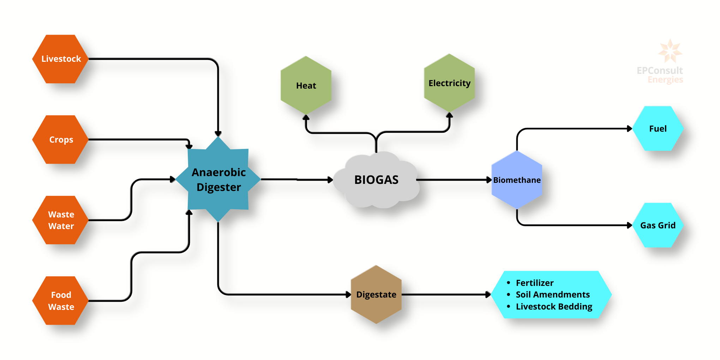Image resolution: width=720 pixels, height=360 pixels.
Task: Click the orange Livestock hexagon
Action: coord(61,59)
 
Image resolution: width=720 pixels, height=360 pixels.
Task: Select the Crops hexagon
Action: coord(61,139)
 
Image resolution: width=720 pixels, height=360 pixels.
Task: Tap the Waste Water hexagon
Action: coord(61,220)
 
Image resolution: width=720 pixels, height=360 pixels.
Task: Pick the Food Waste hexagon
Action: coord(61,301)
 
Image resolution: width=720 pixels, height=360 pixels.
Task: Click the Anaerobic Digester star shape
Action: coord(218,179)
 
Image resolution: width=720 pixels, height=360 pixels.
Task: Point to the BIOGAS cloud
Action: coord(376,180)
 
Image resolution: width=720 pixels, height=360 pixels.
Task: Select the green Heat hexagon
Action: coord(306,85)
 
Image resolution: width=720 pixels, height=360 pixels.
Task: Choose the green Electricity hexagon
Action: coord(449,83)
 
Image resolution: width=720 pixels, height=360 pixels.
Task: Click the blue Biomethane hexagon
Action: coord(517,180)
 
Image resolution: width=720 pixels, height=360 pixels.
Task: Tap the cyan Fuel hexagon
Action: coord(658,128)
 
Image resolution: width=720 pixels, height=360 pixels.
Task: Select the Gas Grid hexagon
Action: coord(658,225)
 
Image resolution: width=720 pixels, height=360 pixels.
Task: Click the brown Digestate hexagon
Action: coord(376,294)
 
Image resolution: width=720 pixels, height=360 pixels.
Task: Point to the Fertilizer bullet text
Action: coord(534,283)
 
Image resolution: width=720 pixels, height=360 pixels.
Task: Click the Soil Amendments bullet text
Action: coord(553,294)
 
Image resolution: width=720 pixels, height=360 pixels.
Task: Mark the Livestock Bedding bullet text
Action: coord(554,306)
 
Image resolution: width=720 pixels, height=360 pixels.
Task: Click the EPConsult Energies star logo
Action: coord(670,51)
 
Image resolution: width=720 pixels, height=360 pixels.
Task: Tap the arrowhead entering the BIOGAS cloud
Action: coord(330,180)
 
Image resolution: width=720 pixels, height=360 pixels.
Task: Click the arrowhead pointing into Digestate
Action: coord(348,294)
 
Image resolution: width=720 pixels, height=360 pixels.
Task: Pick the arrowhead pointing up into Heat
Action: coord(306,118)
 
